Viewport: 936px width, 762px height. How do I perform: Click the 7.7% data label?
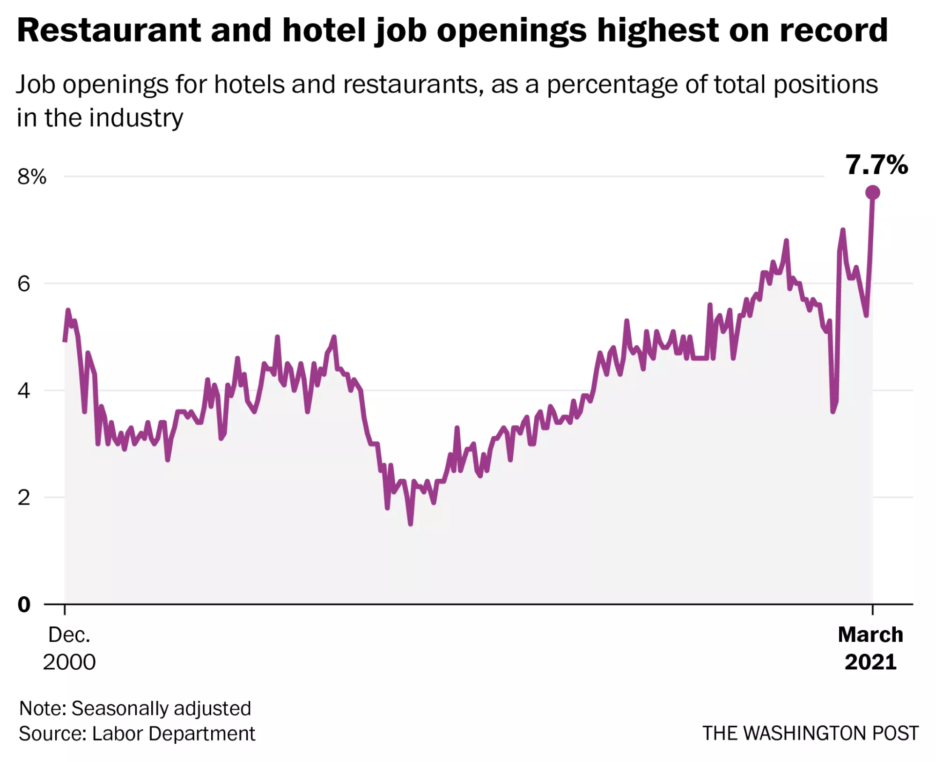tap(876, 165)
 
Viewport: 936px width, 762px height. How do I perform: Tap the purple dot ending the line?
tap(872, 192)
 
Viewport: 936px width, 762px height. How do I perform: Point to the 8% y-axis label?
tap(32, 177)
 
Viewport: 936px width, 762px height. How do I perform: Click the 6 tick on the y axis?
tap(24, 284)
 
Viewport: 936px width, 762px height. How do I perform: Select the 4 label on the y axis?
tap(24, 390)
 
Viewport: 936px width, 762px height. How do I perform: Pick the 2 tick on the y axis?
tap(24, 497)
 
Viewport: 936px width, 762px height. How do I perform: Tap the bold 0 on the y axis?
tap(24, 604)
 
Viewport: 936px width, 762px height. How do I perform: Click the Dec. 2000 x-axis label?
tap(69, 648)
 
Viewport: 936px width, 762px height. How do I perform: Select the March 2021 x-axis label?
tap(870, 648)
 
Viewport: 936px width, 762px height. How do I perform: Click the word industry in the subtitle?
tap(136, 118)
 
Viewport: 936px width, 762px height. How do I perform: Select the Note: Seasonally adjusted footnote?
tap(135, 708)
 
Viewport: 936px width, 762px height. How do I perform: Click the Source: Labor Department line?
tap(137, 733)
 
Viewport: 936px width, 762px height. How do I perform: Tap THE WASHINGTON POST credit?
tap(810, 733)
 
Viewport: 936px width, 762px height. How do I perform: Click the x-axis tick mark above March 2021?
tap(872, 609)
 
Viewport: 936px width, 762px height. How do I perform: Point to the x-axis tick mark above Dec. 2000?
tap(65, 609)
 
